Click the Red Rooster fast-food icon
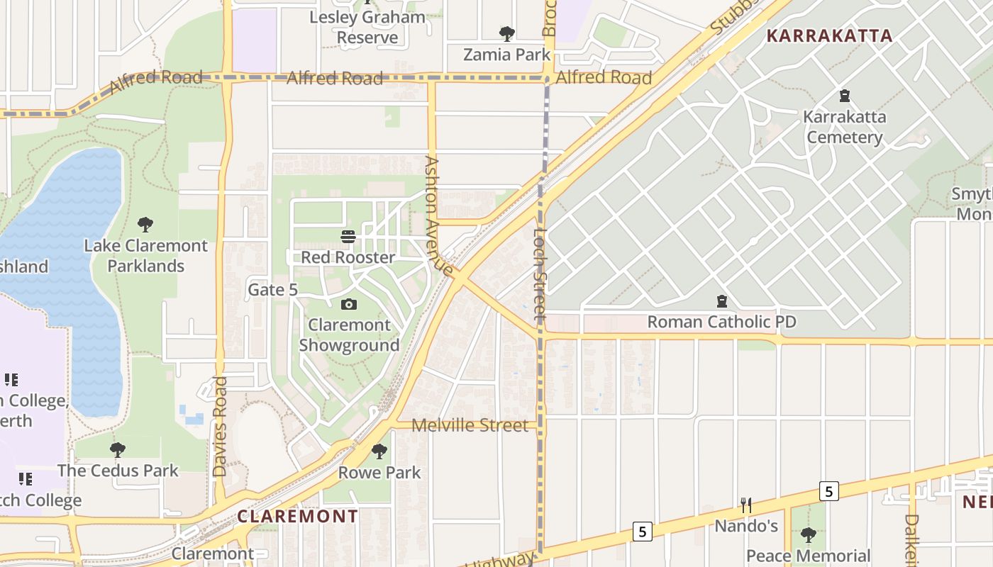(x=348, y=236)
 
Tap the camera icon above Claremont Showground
(x=348, y=305)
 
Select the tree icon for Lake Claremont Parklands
(x=145, y=225)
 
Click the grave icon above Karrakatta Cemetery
(x=844, y=96)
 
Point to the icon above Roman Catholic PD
(x=722, y=302)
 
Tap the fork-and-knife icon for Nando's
(x=745, y=505)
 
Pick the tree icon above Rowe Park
(x=379, y=451)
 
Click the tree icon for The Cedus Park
(x=118, y=450)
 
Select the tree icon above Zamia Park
(x=506, y=33)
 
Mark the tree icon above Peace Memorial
(x=808, y=535)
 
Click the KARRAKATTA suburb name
(x=829, y=36)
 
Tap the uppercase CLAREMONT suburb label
(x=298, y=516)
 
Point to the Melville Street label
(x=470, y=425)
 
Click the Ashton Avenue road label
(x=438, y=215)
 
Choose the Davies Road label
(x=220, y=426)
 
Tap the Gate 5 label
(x=272, y=290)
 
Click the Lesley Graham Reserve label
(x=367, y=26)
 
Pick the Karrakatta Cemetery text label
(x=845, y=127)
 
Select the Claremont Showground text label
(x=349, y=335)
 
